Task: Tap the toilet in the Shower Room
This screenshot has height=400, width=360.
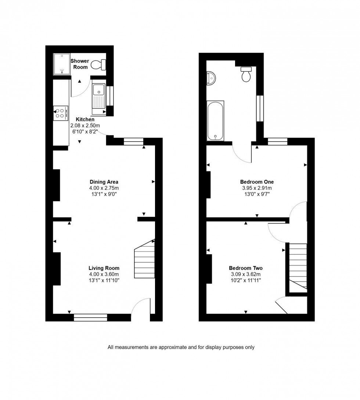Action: [x=98, y=65]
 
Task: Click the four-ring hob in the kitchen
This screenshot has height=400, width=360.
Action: [x=61, y=113]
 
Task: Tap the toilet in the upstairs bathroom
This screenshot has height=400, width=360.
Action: [x=246, y=75]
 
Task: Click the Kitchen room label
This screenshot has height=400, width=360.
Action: [x=85, y=119]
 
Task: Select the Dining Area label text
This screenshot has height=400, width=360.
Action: [x=104, y=182]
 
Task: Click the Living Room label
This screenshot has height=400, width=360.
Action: [x=104, y=268]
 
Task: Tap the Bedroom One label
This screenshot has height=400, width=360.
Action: [x=257, y=182]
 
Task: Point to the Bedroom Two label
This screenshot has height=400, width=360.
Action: [x=245, y=268]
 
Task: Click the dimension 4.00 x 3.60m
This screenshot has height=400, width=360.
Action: [x=104, y=274]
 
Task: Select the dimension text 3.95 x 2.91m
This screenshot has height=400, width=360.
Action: [x=257, y=188]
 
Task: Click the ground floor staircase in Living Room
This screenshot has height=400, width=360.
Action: [x=144, y=259]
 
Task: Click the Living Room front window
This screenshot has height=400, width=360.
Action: [x=90, y=317]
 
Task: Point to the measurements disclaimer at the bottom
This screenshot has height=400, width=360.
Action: [x=181, y=347]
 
